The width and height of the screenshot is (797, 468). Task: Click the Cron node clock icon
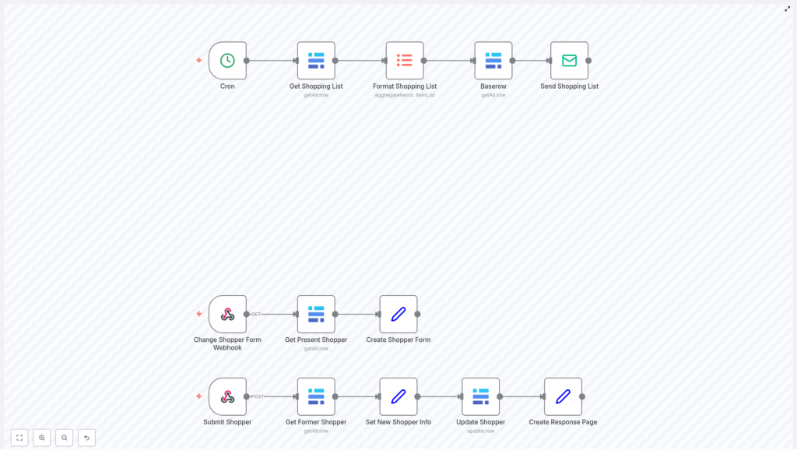pyautogui.click(x=227, y=61)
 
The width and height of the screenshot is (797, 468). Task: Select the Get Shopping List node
pyautogui.click(x=316, y=61)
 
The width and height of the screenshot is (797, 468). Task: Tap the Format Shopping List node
pyautogui.click(x=405, y=61)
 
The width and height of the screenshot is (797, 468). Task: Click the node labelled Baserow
pyautogui.click(x=493, y=61)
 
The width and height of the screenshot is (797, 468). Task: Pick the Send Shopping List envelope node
pyautogui.click(x=569, y=61)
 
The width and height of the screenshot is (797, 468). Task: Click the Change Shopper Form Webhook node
pyautogui.click(x=227, y=315)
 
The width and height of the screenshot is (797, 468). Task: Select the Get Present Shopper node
pyautogui.click(x=316, y=315)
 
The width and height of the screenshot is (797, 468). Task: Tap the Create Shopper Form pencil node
pyautogui.click(x=398, y=315)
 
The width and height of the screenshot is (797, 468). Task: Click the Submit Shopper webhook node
pyautogui.click(x=227, y=397)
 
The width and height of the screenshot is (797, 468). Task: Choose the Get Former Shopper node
pyautogui.click(x=316, y=397)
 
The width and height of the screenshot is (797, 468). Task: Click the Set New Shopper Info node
pyautogui.click(x=398, y=397)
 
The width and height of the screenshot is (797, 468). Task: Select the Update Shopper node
pyautogui.click(x=480, y=397)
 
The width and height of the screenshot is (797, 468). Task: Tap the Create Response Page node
pyautogui.click(x=563, y=397)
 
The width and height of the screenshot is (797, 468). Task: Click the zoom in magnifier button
pyautogui.click(x=42, y=438)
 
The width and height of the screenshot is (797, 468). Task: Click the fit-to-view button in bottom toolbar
pyautogui.click(x=19, y=438)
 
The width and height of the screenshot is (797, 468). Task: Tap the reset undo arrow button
pyautogui.click(x=86, y=438)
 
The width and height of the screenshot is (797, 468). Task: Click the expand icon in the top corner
pyautogui.click(x=787, y=9)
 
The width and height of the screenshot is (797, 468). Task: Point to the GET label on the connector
pyautogui.click(x=255, y=315)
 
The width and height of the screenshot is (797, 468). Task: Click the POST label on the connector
pyautogui.click(x=258, y=397)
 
